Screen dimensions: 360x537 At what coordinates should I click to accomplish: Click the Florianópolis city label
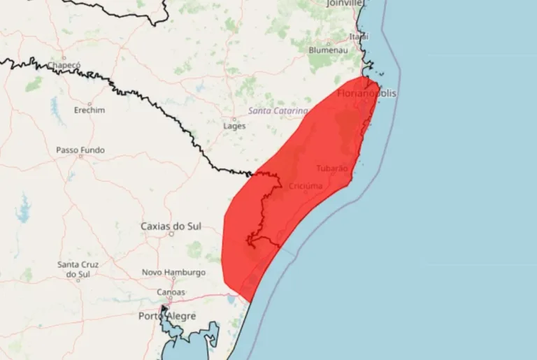[366, 93]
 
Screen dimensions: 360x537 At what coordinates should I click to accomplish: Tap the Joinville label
[345, 3]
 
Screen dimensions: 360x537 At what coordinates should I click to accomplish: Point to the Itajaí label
[359, 36]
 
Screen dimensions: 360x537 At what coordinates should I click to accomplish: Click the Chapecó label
[64, 65]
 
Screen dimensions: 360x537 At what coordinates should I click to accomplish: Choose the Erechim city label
[89, 110]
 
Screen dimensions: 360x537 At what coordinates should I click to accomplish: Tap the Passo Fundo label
[80, 150]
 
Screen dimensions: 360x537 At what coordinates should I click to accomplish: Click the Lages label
[234, 126]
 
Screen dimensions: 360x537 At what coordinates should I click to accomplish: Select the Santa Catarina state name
[278, 110]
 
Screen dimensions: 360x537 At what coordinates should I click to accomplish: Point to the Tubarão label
[331, 168]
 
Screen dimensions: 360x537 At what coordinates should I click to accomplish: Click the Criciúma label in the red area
[306, 186]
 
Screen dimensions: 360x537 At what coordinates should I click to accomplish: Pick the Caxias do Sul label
[171, 226]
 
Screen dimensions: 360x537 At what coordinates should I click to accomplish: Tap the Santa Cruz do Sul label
[78, 269]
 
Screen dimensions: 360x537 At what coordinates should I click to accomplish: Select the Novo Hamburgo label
[173, 272]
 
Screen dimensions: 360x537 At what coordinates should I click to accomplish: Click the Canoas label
[171, 291]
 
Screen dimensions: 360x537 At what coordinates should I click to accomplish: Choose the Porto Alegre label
[167, 316]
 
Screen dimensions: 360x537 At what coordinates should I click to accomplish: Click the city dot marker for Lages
[234, 117]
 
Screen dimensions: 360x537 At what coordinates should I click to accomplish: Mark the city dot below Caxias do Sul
[171, 234]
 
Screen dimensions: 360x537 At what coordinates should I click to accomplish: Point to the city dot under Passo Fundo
[80, 157]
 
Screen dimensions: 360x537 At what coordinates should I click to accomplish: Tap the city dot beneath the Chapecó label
[64, 57]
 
